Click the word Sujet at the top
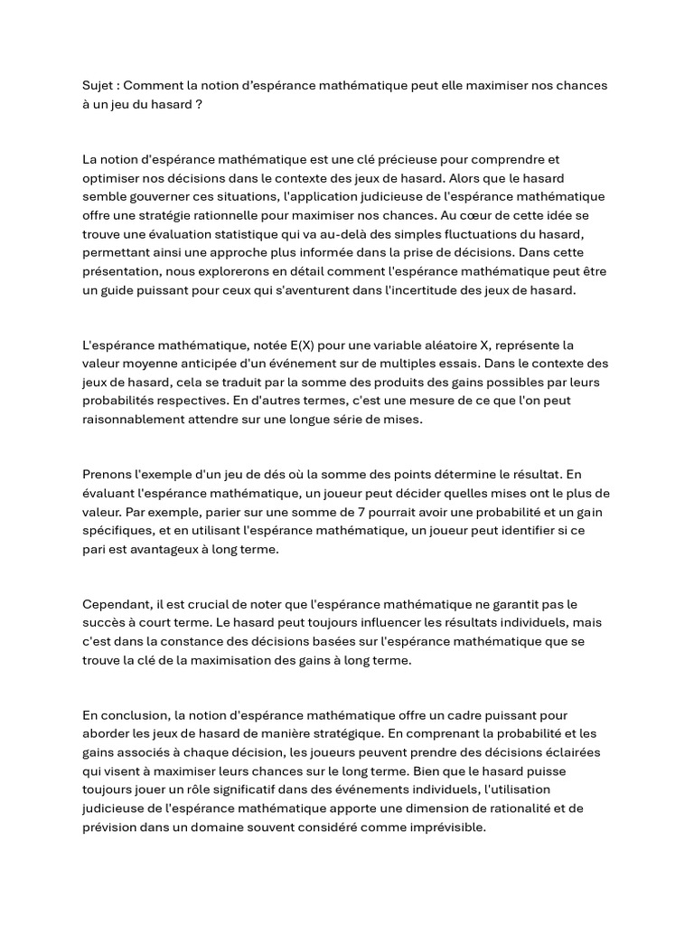click(x=98, y=86)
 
